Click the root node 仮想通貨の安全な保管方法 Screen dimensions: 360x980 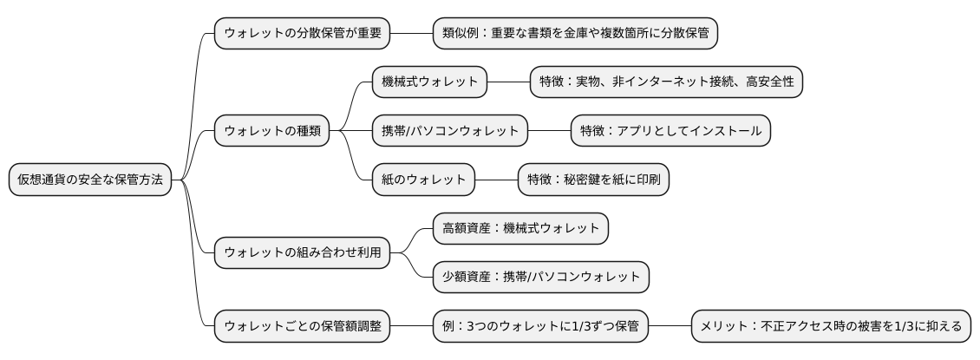click(x=89, y=180)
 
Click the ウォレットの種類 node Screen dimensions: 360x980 click(x=272, y=131)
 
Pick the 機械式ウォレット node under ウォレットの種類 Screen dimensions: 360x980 click(x=430, y=82)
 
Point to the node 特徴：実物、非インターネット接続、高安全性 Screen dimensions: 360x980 click(x=667, y=82)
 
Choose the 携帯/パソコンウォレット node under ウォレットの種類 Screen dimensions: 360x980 click(x=450, y=131)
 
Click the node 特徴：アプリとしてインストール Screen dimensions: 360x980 click(x=670, y=131)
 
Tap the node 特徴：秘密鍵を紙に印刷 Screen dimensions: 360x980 click(x=593, y=180)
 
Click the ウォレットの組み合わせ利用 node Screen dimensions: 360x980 click(x=302, y=252)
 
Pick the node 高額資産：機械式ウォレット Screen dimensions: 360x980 click(x=520, y=228)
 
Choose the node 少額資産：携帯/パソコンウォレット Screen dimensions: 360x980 click(x=541, y=277)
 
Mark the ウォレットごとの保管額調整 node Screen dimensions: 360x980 click(x=302, y=326)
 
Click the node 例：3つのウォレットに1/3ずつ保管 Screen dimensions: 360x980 click(x=541, y=326)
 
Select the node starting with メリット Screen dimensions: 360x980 click(x=830, y=326)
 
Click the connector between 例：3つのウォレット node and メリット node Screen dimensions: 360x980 click(x=670, y=326)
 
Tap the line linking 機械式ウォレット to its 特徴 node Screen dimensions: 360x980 click(x=508, y=82)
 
